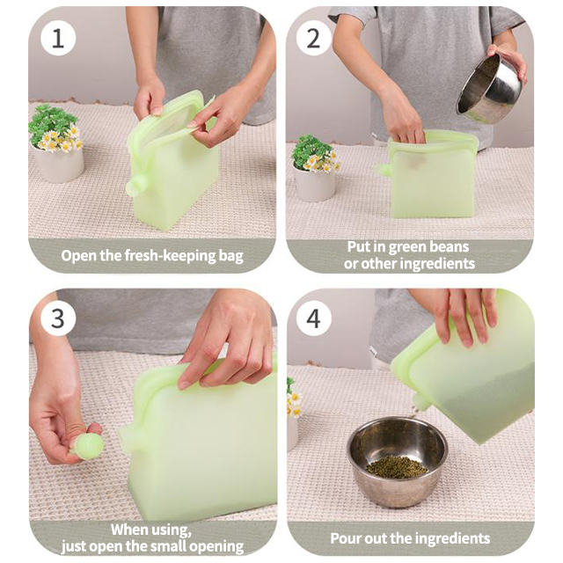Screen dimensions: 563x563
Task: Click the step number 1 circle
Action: pos(57,39)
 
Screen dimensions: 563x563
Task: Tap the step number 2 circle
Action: pos(314,39)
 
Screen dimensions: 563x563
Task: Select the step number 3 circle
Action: pos(57,318)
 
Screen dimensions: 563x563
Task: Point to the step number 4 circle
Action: pos(314,318)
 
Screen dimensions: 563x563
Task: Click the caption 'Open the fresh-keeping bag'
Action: pos(151,257)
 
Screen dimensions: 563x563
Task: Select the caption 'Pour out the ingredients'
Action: pos(410,537)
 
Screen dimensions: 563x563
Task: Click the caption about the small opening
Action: pos(151,537)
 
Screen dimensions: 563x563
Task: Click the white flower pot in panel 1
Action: pos(59,163)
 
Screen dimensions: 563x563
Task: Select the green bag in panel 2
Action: pos(432,176)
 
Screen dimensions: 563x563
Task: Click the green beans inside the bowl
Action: pos(397,465)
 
